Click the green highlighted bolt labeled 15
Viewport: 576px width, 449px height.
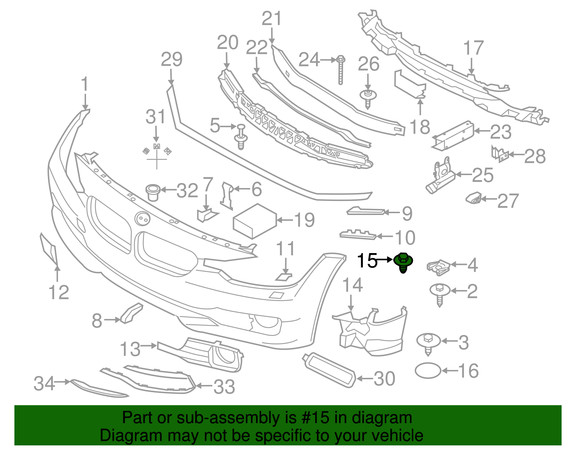click(403, 262)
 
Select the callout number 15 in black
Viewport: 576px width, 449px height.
click(367, 261)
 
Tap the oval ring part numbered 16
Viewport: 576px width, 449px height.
click(428, 371)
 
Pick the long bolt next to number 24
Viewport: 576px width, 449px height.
click(341, 70)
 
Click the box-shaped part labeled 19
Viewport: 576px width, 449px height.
click(255, 221)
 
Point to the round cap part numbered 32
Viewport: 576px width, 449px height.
click(153, 192)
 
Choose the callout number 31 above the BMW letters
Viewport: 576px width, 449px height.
click(156, 117)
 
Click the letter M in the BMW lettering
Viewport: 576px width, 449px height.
click(157, 147)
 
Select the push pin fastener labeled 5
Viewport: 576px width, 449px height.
click(241, 137)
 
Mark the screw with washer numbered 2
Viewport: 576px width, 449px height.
click(440, 293)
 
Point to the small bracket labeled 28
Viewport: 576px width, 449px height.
click(500, 154)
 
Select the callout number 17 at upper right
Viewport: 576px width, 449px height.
click(473, 48)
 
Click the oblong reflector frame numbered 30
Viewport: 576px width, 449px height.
click(329, 370)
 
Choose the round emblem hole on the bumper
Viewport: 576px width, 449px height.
click(142, 219)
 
